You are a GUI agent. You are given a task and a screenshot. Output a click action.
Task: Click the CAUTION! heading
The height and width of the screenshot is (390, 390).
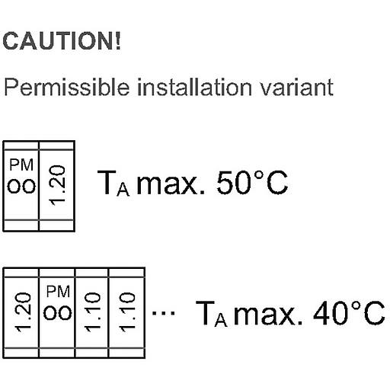click(62, 41)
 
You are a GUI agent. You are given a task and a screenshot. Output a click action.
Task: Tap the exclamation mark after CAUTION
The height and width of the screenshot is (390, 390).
click(118, 41)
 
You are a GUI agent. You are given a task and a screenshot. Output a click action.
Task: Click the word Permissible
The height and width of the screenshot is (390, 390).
click(67, 87)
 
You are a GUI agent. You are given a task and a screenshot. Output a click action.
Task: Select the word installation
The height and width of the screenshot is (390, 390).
click(194, 87)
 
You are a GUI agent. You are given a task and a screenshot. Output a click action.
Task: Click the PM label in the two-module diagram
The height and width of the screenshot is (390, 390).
click(21, 165)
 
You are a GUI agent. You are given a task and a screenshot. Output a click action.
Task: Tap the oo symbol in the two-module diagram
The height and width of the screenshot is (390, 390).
click(21, 186)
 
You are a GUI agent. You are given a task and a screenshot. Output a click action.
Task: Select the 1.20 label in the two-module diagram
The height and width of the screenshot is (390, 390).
click(57, 185)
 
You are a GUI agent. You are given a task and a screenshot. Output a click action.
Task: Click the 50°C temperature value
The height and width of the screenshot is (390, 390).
click(252, 183)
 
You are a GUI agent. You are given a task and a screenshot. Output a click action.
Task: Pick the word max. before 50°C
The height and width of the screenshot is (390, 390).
click(171, 184)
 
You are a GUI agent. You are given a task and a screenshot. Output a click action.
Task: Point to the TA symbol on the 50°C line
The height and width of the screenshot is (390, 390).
click(113, 183)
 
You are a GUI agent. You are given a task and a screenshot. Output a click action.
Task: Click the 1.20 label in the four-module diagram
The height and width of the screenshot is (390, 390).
click(23, 312)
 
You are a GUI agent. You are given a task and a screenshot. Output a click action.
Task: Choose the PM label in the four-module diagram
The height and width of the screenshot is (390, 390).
click(58, 292)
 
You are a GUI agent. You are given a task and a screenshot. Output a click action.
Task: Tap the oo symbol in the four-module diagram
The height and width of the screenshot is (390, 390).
click(58, 312)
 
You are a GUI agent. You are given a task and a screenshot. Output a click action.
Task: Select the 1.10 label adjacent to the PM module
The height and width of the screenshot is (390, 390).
click(92, 312)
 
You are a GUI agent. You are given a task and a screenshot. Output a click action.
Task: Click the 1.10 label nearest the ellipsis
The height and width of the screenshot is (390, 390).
click(127, 312)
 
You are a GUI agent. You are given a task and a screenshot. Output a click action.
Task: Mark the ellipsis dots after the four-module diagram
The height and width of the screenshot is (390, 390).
click(163, 313)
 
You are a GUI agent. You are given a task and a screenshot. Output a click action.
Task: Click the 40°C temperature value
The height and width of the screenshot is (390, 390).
click(349, 313)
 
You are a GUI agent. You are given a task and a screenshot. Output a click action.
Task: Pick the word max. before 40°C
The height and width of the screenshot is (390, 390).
click(268, 314)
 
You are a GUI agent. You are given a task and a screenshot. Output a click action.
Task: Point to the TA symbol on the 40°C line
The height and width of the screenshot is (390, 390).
click(212, 314)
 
